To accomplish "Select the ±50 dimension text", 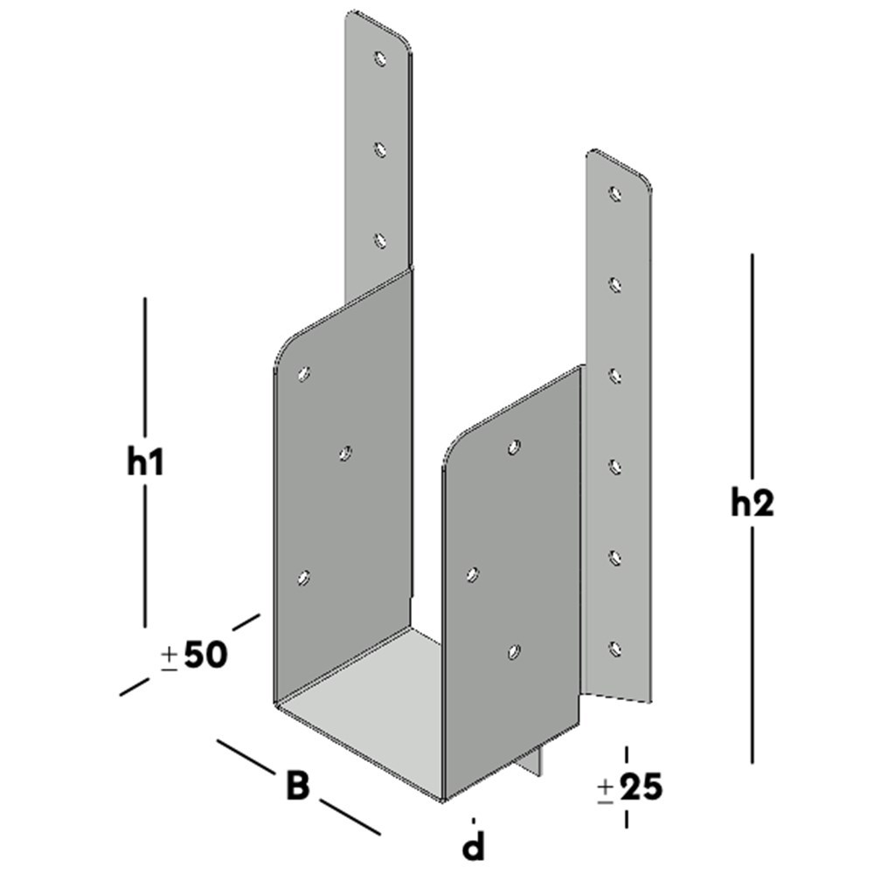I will coord(195,655).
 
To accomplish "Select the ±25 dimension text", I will coord(629,788).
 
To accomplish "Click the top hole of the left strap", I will coord(380,59).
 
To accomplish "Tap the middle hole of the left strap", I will coord(380,150).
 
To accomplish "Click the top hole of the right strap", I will coord(615,192).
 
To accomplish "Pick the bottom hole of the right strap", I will coord(615,649).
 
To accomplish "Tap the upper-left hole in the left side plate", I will coord(303,374).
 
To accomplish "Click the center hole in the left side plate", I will coord(345,453).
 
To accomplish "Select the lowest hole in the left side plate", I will coord(304,577).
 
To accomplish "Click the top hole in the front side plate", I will coord(514,447).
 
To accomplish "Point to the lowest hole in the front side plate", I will coord(514,651).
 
